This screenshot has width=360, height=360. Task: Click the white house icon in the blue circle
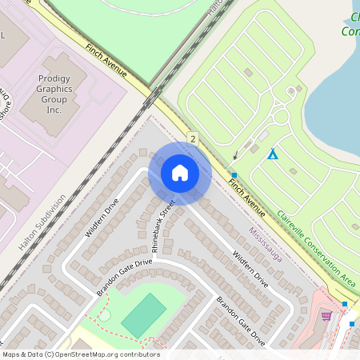(180, 173)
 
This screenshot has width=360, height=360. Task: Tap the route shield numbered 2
(193, 138)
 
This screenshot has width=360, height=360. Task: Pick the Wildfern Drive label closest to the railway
(102, 217)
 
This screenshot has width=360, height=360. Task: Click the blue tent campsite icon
(273, 154)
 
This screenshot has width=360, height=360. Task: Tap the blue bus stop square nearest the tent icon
(234, 174)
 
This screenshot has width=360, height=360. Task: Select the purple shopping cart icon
(326, 315)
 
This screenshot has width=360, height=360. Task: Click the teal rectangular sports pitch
(145, 314)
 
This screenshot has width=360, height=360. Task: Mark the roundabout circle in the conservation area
(281, 117)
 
